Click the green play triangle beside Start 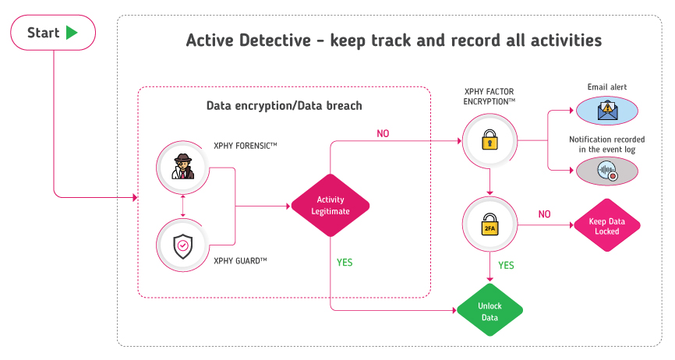coord(72,33)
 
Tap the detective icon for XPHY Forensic coord(183,167)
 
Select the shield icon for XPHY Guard coord(183,246)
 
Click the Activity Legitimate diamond coord(330,206)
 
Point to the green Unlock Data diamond coord(489,310)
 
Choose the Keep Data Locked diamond coord(607,225)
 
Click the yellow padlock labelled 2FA coord(489,224)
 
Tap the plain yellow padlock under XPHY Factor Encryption coord(489,139)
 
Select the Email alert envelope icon coord(607,111)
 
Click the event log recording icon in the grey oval coord(607,171)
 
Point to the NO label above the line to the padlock coord(383,134)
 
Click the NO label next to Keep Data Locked coord(544,214)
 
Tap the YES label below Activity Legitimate coord(345,263)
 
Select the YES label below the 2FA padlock coord(506,266)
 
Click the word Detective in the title coord(274,41)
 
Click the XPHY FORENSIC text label coord(246,146)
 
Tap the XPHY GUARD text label coord(240,260)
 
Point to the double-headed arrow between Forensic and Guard coord(183,206)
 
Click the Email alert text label coord(607,86)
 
